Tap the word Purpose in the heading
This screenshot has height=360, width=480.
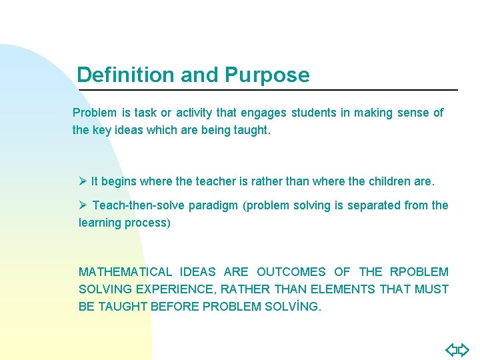(x=267, y=75)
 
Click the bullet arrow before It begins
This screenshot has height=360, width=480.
(x=83, y=181)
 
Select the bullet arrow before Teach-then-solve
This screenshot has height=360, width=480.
(x=83, y=205)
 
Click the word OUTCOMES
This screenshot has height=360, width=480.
(x=291, y=272)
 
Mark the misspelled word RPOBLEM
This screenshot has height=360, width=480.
(x=420, y=272)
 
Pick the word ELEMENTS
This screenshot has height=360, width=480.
(x=344, y=289)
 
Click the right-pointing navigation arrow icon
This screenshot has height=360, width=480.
(x=463, y=349)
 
